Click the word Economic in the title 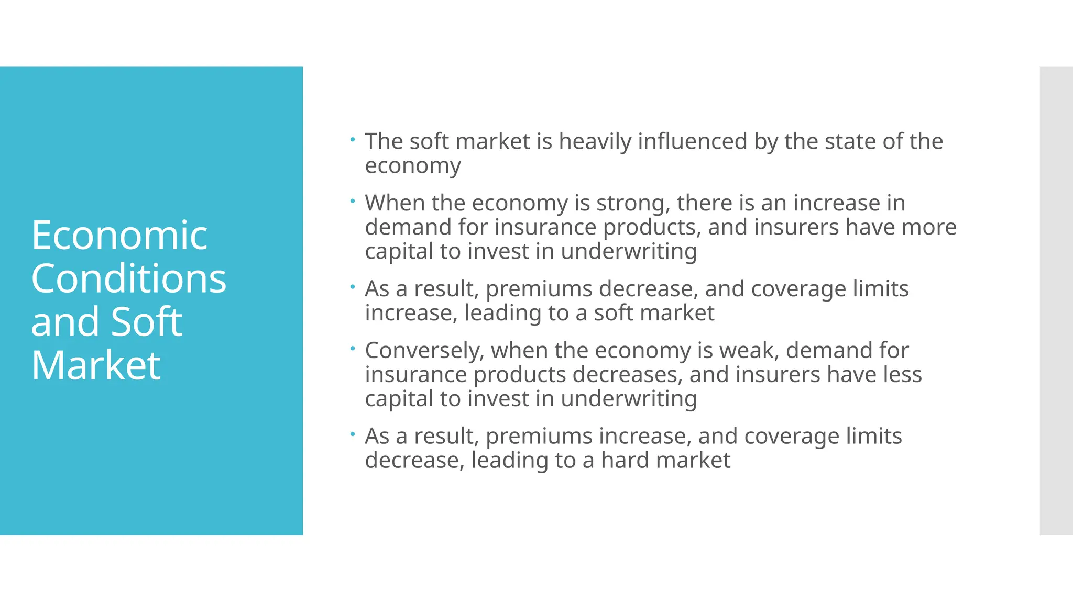(x=119, y=236)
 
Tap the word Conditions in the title (x=128, y=278)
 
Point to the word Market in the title (x=96, y=365)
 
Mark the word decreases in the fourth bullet (x=627, y=375)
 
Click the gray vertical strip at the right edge (x=1056, y=301)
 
